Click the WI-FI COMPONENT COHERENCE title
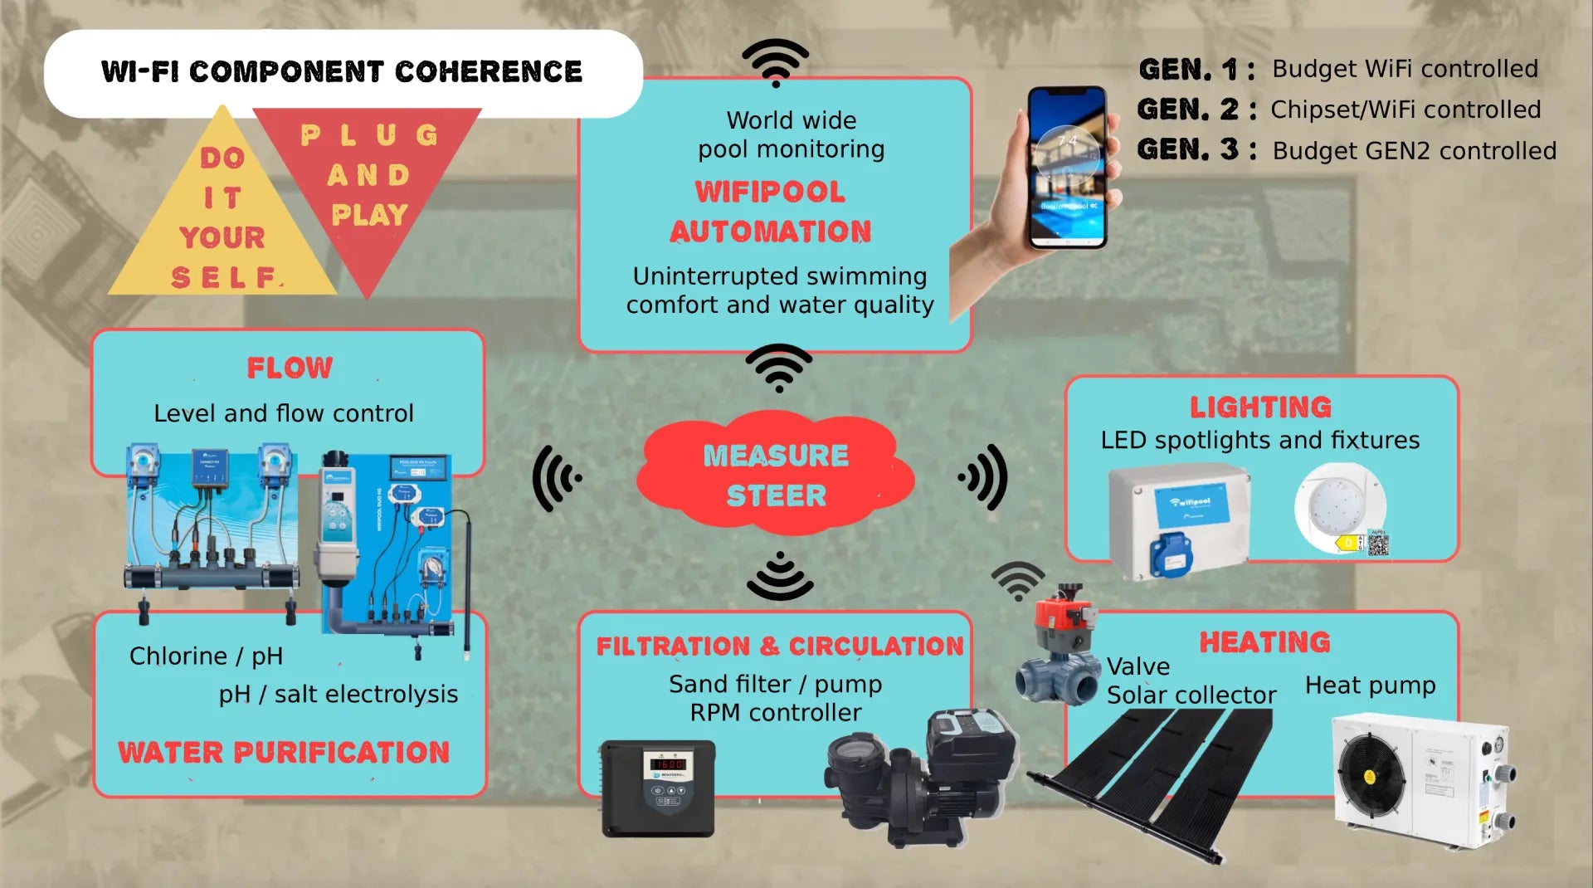pyautogui.click(x=342, y=72)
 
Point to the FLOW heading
pyautogui.click(x=290, y=368)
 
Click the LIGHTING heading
pyautogui.click(x=1260, y=407)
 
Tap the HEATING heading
pyautogui.click(x=1264, y=642)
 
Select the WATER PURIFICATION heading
pyautogui.click(x=284, y=752)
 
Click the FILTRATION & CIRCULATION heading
pyautogui.click(x=779, y=646)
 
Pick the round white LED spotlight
pyautogui.click(x=1339, y=506)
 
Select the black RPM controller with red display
pyautogui.click(x=657, y=788)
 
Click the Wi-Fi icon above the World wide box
pyautogui.click(x=775, y=61)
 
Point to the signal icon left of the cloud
pyautogui.click(x=557, y=478)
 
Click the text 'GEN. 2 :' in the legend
pyautogui.click(x=1195, y=110)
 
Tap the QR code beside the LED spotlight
pyautogui.click(x=1377, y=544)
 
